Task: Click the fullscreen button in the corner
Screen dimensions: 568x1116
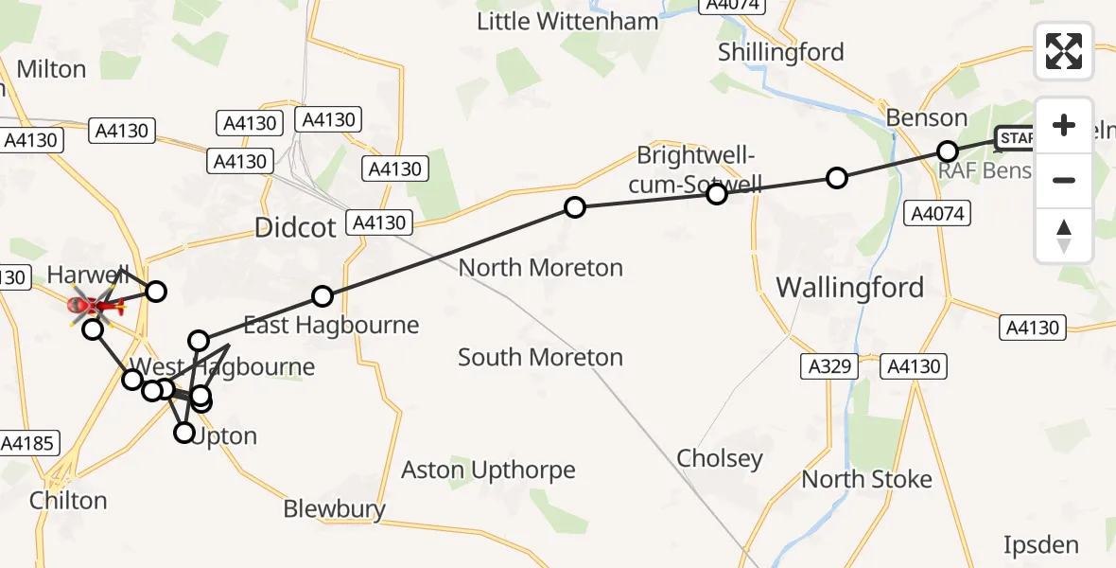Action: coord(1064,51)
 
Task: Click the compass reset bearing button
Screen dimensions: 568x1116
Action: coord(1064,235)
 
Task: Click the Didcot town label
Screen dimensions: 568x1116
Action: coord(295,227)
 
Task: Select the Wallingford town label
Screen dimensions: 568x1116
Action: coord(849,287)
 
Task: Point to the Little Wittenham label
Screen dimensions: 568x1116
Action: coord(567,21)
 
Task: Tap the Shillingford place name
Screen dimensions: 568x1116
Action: coord(780,52)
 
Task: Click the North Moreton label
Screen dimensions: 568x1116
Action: coord(540,268)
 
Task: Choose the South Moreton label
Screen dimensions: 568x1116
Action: coord(540,357)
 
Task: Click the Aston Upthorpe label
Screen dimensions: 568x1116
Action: coord(488,470)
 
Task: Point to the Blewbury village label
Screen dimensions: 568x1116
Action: coord(335,509)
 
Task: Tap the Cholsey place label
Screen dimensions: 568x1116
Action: coord(719,459)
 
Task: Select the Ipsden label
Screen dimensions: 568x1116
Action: coord(1040,544)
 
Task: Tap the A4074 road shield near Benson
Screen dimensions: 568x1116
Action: coord(935,213)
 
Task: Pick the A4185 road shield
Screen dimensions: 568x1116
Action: coord(29,442)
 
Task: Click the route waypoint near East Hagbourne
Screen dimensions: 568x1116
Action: coord(323,296)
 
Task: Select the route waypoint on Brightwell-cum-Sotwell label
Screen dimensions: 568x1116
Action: coord(717,194)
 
